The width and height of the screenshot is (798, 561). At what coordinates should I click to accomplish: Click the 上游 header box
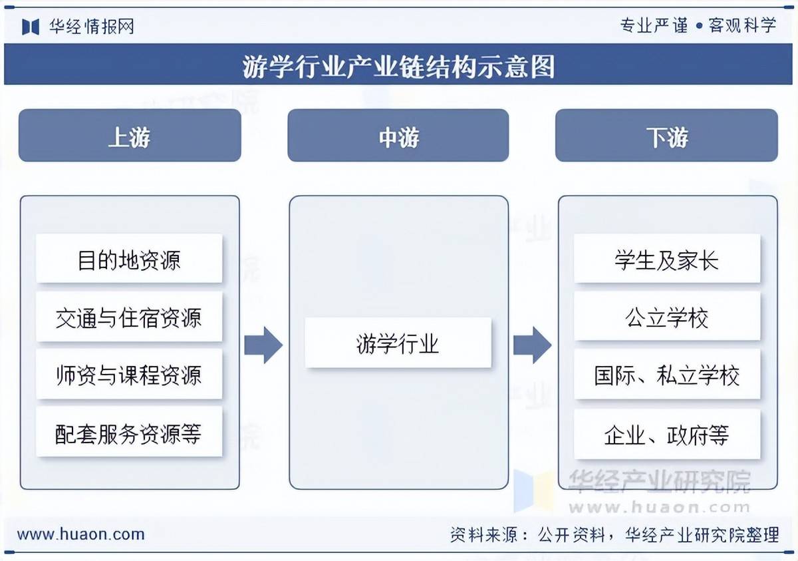pyautogui.click(x=130, y=136)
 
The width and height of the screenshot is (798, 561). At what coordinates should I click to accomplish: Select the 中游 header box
pyautogui.click(x=398, y=136)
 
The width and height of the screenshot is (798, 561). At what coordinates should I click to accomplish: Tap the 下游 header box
pyautogui.click(x=666, y=136)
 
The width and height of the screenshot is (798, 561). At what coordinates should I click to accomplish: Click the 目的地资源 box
pyautogui.click(x=129, y=259)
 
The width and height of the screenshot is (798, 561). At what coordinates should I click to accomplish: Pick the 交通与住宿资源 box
pyautogui.click(x=129, y=317)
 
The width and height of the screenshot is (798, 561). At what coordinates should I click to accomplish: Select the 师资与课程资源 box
pyautogui.click(x=129, y=375)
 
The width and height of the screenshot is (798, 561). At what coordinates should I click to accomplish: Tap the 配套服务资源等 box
pyautogui.click(x=129, y=433)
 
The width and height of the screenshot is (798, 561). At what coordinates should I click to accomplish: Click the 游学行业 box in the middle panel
pyautogui.click(x=398, y=343)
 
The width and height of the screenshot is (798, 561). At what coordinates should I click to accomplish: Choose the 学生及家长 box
pyautogui.click(x=666, y=259)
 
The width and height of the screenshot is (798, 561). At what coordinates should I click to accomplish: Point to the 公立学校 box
pyautogui.click(x=666, y=317)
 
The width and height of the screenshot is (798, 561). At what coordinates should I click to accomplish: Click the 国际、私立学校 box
pyautogui.click(x=666, y=375)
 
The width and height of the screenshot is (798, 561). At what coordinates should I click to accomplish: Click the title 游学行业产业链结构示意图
pyautogui.click(x=398, y=66)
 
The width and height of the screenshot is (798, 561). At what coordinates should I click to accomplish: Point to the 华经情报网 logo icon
pyautogui.click(x=31, y=26)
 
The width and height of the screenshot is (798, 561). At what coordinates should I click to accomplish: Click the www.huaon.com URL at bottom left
pyautogui.click(x=80, y=534)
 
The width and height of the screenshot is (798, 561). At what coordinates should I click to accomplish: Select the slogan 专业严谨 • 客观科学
pyautogui.click(x=698, y=25)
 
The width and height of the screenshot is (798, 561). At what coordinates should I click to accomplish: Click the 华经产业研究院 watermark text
pyautogui.click(x=658, y=481)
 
